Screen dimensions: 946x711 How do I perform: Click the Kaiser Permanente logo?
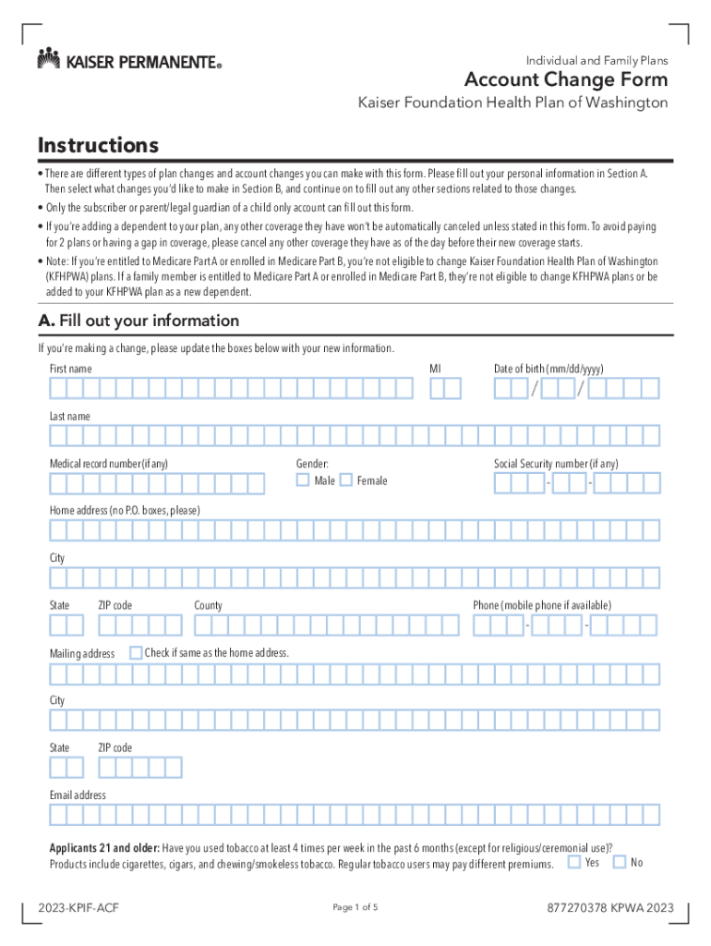click(x=129, y=61)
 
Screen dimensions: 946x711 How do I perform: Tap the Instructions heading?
click(x=98, y=146)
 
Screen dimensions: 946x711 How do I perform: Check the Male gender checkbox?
click(x=303, y=479)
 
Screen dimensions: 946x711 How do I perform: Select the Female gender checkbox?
click(x=346, y=479)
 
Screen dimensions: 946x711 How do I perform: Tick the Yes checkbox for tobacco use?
click(x=574, y=862)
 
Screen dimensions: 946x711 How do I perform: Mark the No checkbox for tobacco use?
click(x=620, y=862)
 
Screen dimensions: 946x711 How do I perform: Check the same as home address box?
click(x=136, y=653)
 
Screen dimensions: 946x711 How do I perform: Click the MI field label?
click(x=435, y=369)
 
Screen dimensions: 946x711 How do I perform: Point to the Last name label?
click(x=70, y=417)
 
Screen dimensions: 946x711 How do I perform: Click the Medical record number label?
click(x=109, y=464)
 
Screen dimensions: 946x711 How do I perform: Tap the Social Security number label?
click(x=556, y=464)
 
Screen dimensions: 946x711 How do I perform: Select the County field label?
click(x=208, y=605)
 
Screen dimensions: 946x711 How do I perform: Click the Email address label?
click(x=78, y=795)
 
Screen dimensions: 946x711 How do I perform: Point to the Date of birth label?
click(x=548, y=369)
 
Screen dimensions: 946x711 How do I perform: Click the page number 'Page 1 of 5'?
click(x=355, y=907)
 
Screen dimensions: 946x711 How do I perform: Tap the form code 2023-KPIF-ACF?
click(x=78, y=908)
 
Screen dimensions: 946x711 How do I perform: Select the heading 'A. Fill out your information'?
click(x=139, y=321)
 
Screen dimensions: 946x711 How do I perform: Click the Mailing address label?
click(x=82, y=654)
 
